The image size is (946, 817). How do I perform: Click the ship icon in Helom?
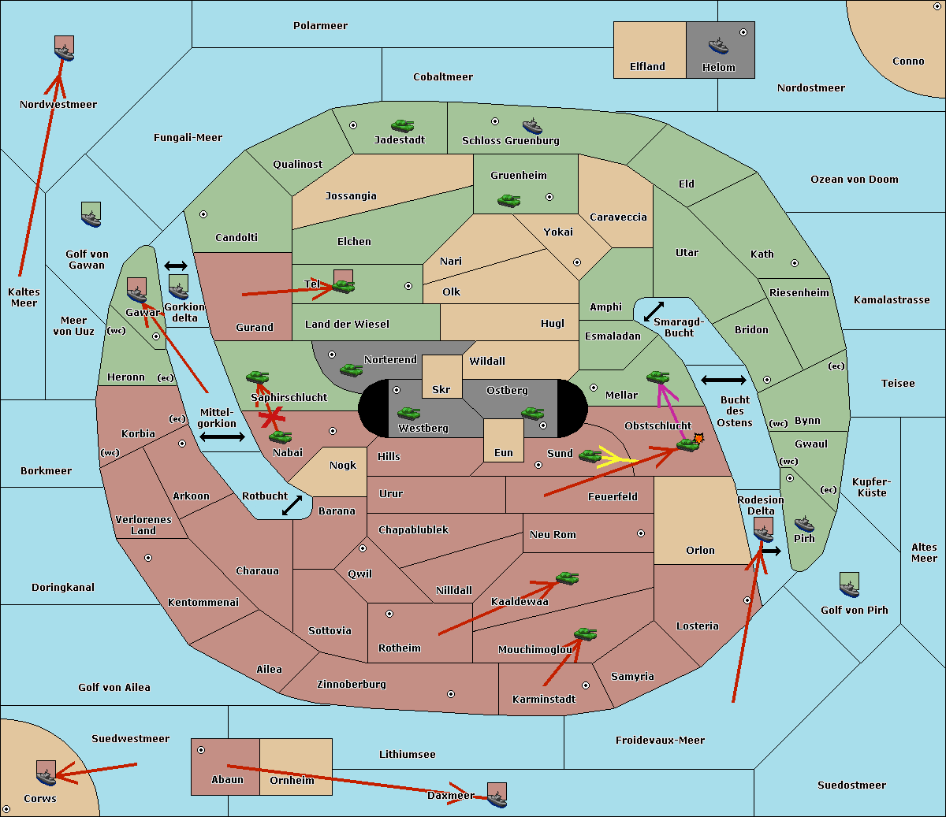718,46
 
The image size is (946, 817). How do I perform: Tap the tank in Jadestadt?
403,125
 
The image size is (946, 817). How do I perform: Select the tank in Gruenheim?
509,200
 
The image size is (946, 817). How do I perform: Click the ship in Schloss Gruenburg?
532,126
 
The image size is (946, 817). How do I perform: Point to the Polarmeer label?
320,26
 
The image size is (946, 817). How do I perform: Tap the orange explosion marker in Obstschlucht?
698,439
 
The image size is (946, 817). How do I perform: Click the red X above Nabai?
272,418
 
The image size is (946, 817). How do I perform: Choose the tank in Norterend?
351,370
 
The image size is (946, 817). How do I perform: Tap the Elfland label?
647,67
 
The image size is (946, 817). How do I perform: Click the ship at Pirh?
804,524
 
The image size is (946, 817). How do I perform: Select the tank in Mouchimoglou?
586,633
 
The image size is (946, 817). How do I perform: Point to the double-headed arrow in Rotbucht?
292,505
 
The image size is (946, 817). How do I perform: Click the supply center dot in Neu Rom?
641,533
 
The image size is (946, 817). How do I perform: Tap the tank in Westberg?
408,413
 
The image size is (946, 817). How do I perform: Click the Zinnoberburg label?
352,684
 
